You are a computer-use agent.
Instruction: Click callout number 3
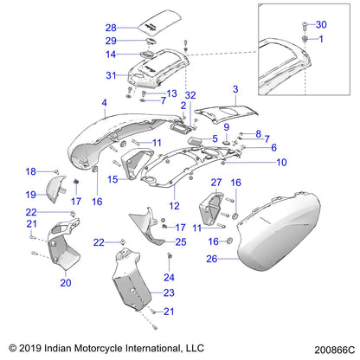(235, 89)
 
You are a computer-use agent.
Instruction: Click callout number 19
(55, 195)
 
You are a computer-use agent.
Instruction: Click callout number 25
(180, 241)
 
